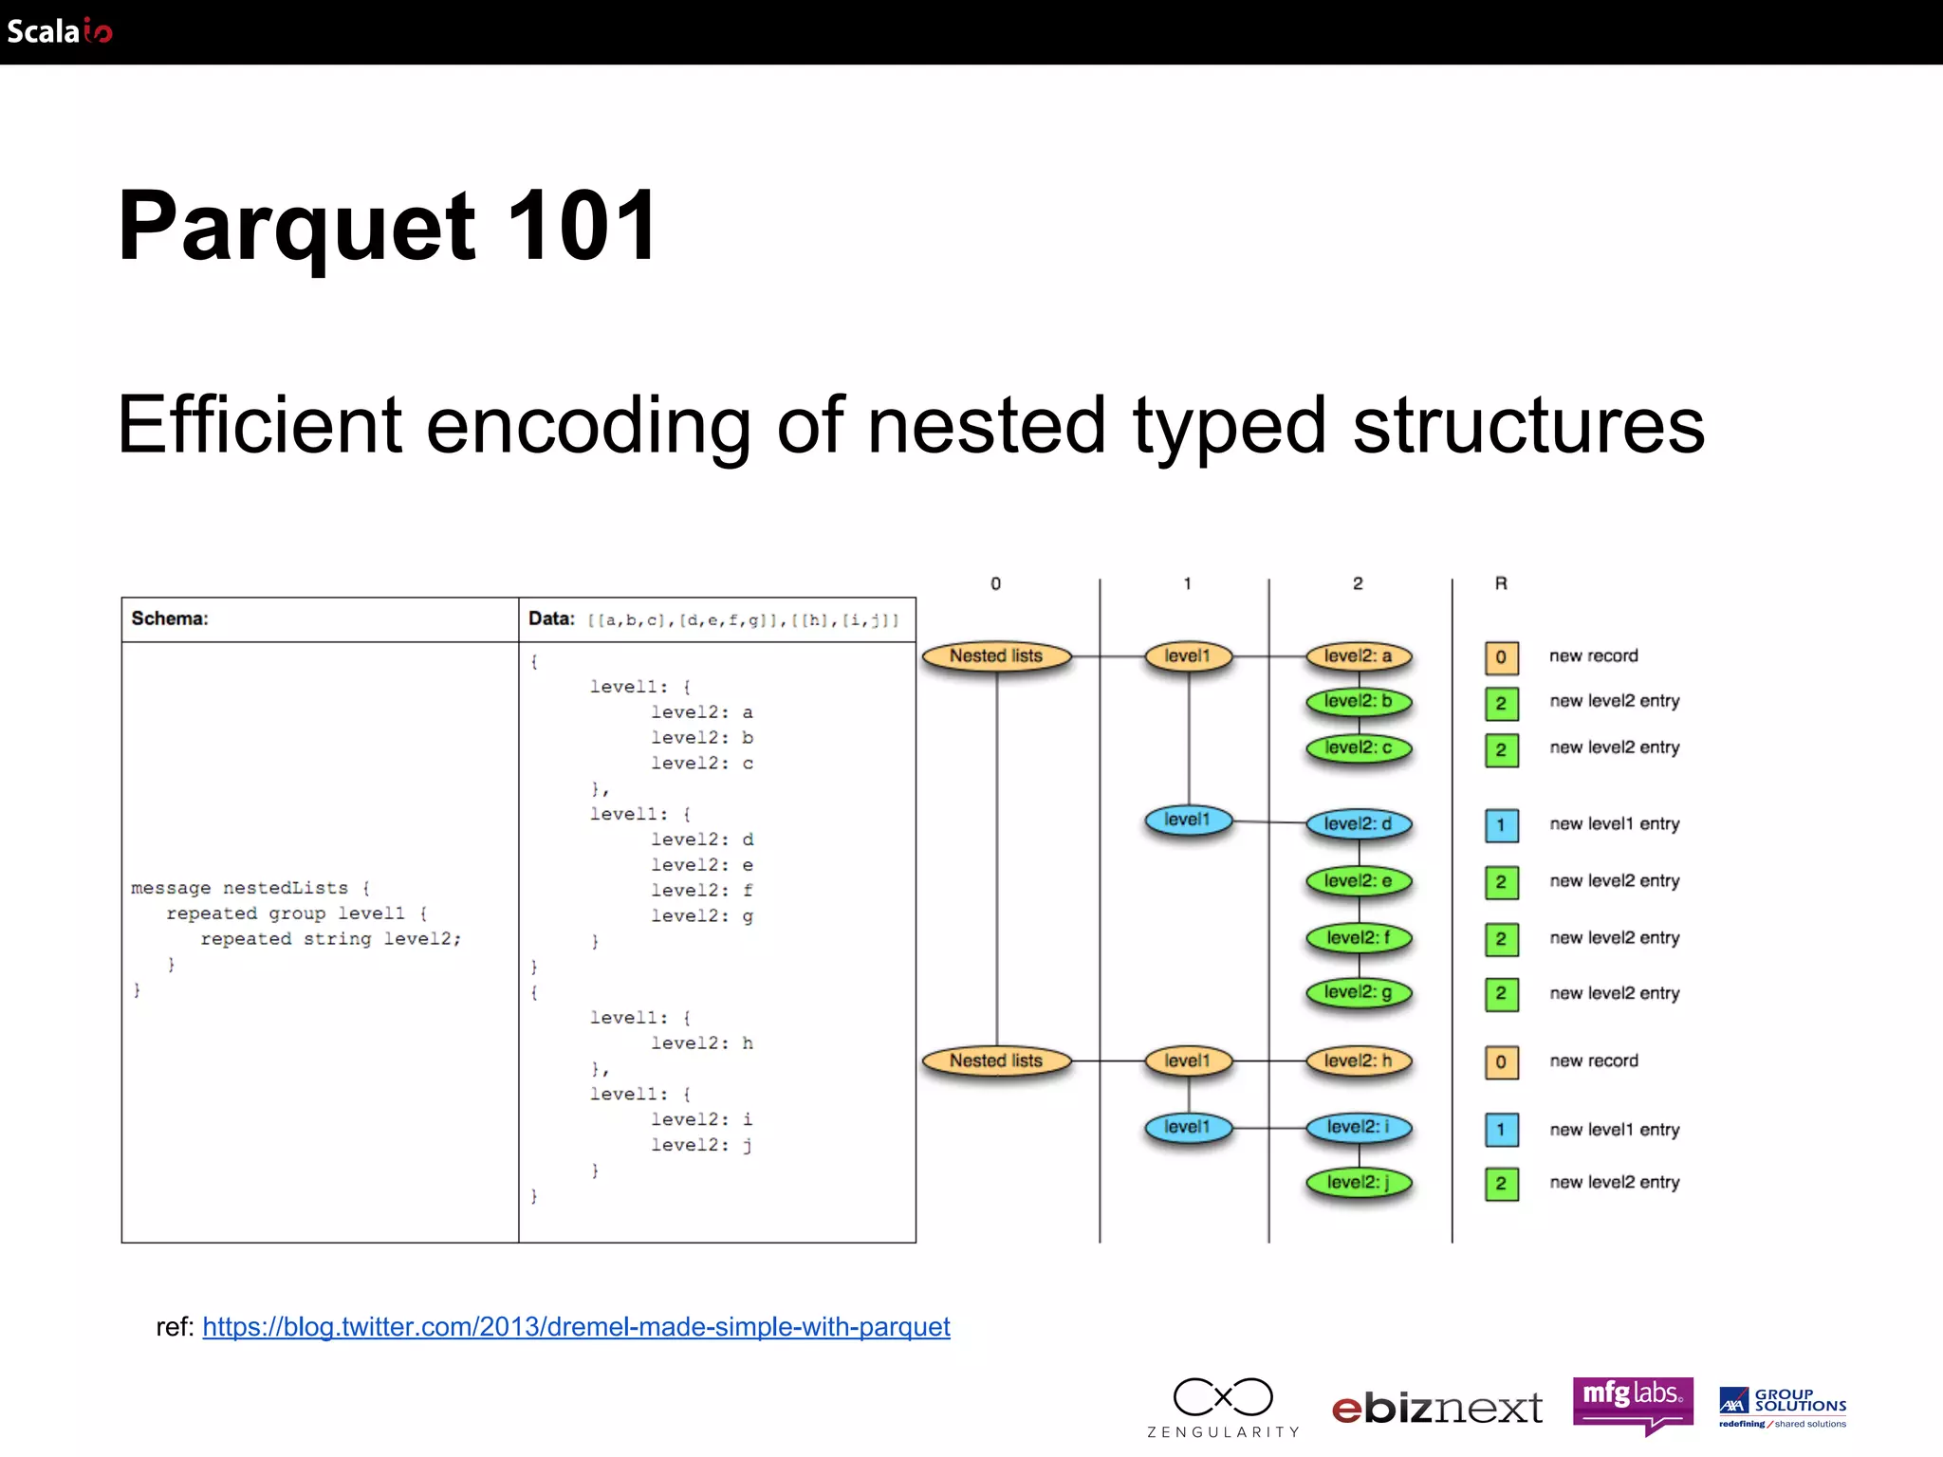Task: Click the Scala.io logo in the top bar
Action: tap(59, 31)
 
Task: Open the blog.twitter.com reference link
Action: tap(576, 1326)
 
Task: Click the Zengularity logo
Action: tap(1223, 1407)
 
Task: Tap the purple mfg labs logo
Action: tap(1633, 1401)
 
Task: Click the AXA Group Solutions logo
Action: tap(1783, 1407)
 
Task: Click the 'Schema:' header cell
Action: tap(170, 618)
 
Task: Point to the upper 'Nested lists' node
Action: tap(996, 655)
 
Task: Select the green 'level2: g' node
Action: tap(1359, 992)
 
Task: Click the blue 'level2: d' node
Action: tap(1359, 823)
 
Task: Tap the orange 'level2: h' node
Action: tap(1359, 1060)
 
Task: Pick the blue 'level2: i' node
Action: tap(1359, 1127)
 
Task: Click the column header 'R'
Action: tap(1501, 583)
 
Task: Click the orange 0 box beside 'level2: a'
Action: tap(1501, 656)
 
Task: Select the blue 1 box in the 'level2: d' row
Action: tap(1501, 824)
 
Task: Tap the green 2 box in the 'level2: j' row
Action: tap(1501, 1183)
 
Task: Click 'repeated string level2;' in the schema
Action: tap(330, 938)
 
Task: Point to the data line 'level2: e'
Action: tap(702, 865)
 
